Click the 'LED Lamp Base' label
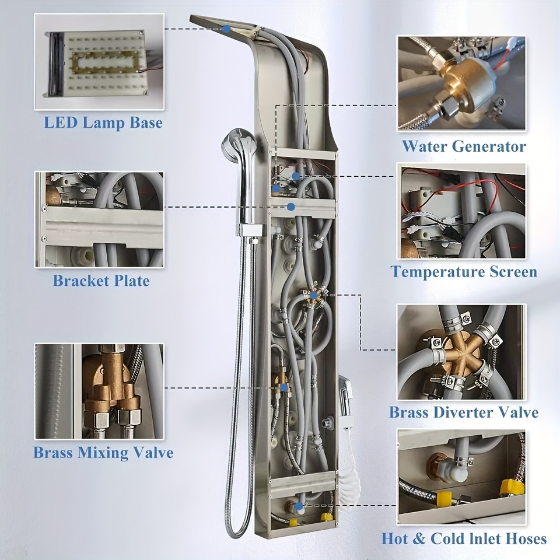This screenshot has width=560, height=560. click(x=103, y=123)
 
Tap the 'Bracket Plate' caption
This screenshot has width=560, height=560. click(x=101, y=281)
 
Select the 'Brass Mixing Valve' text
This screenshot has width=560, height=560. click(x=103, y=453)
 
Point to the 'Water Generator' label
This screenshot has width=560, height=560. click(x=464, y=146)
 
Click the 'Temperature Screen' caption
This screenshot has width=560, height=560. click(x=464, y=272)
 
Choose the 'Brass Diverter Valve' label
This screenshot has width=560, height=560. click(x=464, y=412)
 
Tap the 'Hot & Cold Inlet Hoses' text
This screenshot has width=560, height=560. click(x=464, y=538)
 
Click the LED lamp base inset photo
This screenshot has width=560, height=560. click(x=99, y=61)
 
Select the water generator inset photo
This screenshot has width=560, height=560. click(x=461, y=83)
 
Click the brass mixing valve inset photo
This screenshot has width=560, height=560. click(x=99, y=391)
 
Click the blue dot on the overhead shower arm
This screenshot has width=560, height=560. click(x=226, y=29)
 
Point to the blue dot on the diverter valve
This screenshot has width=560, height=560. click(x=313, y=295)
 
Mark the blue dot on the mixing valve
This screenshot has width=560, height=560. click(x=284, y=387)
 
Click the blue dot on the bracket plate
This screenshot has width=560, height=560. click(x=291, y=206)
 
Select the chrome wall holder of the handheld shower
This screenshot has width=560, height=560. click(x=251, y=230)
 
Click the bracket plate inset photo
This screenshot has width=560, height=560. click(x=99, y=219)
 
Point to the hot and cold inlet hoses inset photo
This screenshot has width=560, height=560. click(x=461, y=477)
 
